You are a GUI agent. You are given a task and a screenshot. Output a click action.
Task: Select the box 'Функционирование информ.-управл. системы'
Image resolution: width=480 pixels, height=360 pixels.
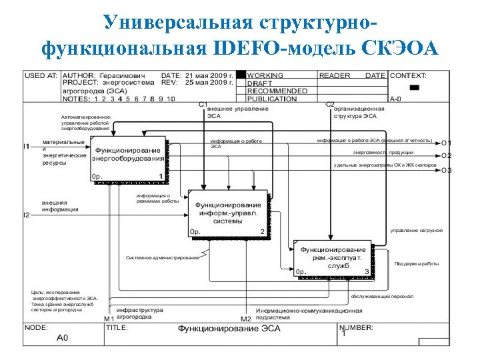click(228, 213)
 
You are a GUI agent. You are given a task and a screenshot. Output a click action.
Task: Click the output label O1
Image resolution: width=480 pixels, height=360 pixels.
click(446, 143)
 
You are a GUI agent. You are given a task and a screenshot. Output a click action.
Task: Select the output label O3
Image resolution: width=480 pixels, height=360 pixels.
click(446, 170)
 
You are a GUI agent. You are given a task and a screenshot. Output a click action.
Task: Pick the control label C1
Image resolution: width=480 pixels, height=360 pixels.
click(203, 105)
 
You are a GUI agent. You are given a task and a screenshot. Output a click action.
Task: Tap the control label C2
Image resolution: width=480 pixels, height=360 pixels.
click(329, 105)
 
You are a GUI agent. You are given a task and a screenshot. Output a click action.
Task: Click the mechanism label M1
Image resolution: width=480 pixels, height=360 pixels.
click(109, 319)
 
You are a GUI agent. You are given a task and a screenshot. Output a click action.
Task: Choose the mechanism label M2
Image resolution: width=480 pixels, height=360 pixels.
click(245, 319)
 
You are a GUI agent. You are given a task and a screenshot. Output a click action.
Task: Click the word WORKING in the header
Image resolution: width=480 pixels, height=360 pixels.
click(265, 76)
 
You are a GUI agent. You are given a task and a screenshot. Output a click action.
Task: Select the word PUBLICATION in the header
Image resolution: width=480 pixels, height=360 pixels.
click(271, 99)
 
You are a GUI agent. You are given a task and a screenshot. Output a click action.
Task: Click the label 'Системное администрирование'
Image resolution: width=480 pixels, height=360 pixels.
click(162, 257)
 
